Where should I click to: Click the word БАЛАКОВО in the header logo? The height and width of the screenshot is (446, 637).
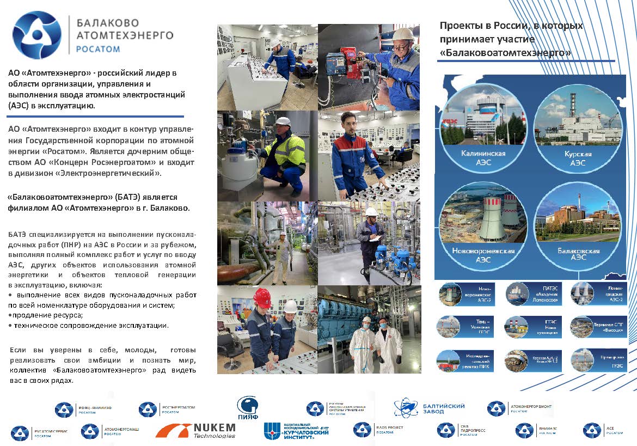point(108,23)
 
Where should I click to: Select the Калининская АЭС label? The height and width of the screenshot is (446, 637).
point(483,157)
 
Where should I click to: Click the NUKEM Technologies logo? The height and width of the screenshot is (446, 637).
point(196,430)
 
